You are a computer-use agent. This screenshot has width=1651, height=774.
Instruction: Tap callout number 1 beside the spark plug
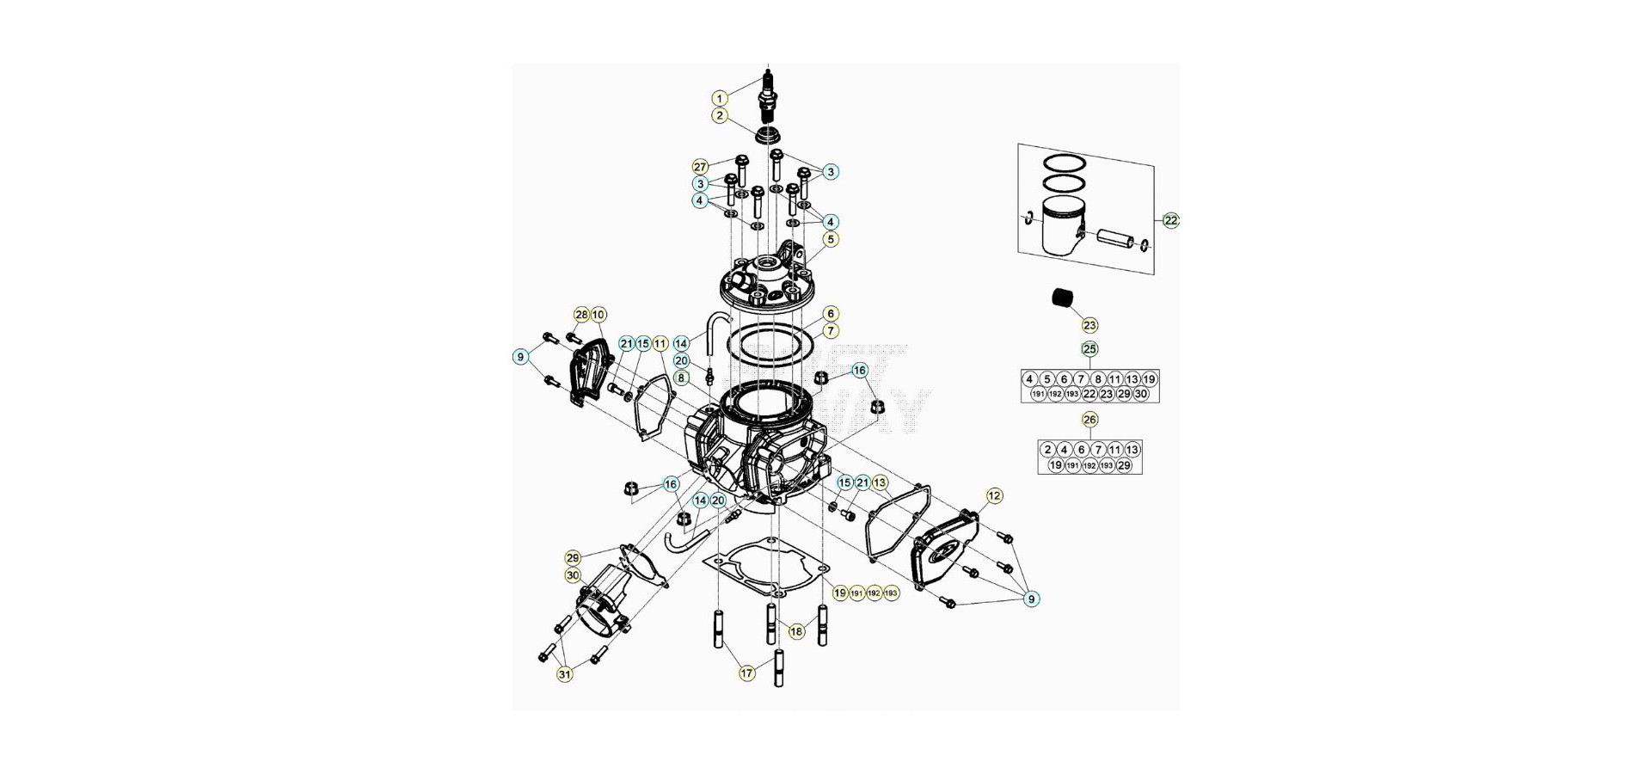click(x=720, y=98)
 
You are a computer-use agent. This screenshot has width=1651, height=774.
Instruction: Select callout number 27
click(x=700, y=167)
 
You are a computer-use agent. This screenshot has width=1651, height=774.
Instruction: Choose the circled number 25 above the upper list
click(x=1089, y=349)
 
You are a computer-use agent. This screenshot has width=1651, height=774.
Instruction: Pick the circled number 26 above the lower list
click(x=1089, y=420)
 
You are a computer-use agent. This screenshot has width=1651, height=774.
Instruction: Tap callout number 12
click(x=994, y=495)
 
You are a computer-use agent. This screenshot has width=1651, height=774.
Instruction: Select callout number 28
click(x=581, y=315)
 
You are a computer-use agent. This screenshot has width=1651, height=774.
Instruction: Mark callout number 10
click(x=598, y=315)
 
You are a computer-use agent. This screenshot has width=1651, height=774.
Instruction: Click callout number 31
click(x=564, y=674)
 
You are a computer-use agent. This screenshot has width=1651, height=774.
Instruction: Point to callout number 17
click(x=746, y=673)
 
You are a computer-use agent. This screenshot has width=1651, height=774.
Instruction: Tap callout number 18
click(x=796, y=631)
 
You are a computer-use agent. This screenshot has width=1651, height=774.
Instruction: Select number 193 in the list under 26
click(x=1107, y=465)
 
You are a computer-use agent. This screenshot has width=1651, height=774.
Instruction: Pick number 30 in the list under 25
click(x=1141, y=394)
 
